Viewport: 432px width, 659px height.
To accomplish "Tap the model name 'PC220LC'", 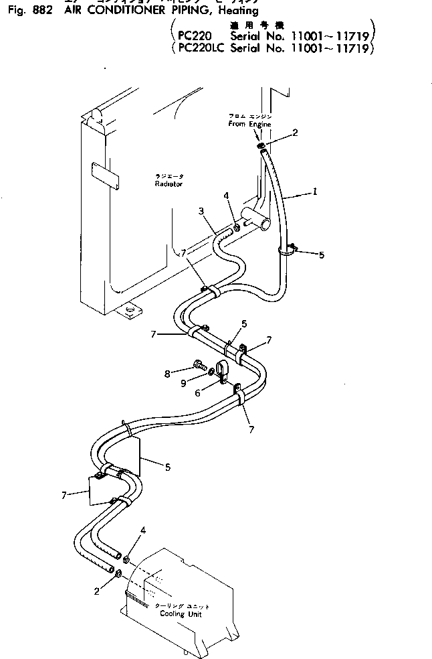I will (x=201, y=50).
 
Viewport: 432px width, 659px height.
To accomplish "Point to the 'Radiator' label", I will (x=168, y=183).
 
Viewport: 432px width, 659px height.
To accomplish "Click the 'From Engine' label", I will (x=246, y=124).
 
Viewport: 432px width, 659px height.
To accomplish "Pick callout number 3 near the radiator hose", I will (x=201, y=211).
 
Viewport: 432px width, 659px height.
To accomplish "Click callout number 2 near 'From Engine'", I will (x=295, y=132).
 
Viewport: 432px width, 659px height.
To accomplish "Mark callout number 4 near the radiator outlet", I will (x=227, y=196).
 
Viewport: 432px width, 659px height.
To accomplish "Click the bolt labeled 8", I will (x=199, y=366).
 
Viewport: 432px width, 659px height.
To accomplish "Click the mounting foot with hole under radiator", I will (x=130, y=311).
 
